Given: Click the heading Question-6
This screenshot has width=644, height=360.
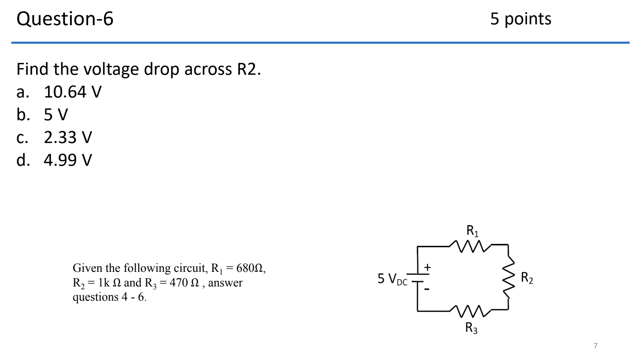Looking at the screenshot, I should pyautogui.click(x=65, y=19).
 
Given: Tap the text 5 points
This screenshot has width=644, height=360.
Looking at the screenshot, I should pyautogui.click(x=521, y=19).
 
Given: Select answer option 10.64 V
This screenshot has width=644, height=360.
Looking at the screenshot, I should pyautogui.click(x=72, y=92).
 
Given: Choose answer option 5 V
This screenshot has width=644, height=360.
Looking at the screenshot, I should pyautogui.click(x=56, y=115).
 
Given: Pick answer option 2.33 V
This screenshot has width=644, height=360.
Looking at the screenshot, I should pyautogui.click(x=68, y=137).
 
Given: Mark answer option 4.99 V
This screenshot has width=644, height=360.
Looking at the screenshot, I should pyautogui.click(x=68, y=160).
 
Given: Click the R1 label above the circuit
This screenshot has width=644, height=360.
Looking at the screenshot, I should pyautogui.click(x=472, y=231).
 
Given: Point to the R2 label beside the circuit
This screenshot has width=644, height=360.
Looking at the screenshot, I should pyautogui.click(x=527, y=278).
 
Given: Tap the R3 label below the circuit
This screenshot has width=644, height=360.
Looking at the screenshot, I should pyautogui.click(x=471, y=327).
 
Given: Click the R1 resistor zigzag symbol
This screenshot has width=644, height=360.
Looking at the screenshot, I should pyautogui.click(x=471, y=245).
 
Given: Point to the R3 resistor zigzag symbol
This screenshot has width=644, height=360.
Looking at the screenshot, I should pyautogui.click(x=471, y=311).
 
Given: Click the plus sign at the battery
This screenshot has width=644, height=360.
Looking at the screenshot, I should pyautogui.click(x=427, y=267).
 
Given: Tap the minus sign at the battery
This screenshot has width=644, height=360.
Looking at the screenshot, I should pyautogui.click(x=427, y=289).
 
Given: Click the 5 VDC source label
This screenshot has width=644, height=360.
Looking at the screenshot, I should pyautogui.click(x=392, y=279).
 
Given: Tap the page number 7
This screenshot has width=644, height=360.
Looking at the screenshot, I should pyautogui.click(x=595, y=346).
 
